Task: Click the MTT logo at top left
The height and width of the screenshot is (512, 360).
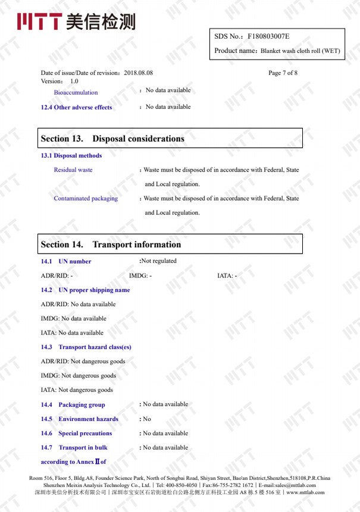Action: click(x=76, y=21)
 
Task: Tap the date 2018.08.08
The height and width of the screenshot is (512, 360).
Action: click(x=139, y=73)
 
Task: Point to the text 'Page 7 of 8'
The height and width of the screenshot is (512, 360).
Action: click(x=283, y=73)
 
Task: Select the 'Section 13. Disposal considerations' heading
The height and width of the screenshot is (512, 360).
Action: click(x=112, y=139)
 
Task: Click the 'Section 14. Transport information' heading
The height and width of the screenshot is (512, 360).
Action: click(x=111, y=245)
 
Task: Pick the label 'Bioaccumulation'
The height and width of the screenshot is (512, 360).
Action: click(x=76, y=92)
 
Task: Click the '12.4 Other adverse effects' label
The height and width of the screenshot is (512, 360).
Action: click(x=76, y=107)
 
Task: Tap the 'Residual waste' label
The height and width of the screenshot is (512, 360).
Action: click(x=73, y=170)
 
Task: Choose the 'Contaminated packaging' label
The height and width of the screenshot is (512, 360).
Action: click(x=86, y=198)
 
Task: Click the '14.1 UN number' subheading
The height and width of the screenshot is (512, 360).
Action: click(x=66, y=261)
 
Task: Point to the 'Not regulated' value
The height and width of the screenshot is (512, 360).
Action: click(x=159, y=261)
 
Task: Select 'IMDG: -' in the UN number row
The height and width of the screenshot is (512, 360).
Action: click(x=140, y=276)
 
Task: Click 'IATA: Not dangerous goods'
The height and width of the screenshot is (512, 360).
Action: click(x=77, y=390)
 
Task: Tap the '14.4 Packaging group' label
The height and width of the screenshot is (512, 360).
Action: click(x=73, y=405)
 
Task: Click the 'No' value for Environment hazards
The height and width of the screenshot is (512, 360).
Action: click(x=147, y=419)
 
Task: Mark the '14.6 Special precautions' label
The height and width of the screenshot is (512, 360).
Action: click(x=76, y=433)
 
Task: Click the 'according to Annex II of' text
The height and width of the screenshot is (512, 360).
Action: click(x=73, y=462)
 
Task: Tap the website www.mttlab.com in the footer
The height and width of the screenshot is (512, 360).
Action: click(x=305, y=492)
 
